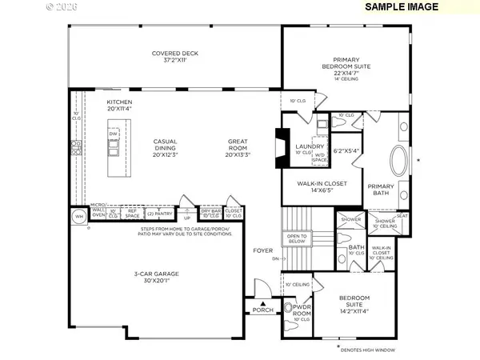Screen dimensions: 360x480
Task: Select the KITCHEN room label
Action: tap(119, 107)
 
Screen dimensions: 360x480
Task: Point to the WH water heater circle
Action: tap(78, 216)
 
